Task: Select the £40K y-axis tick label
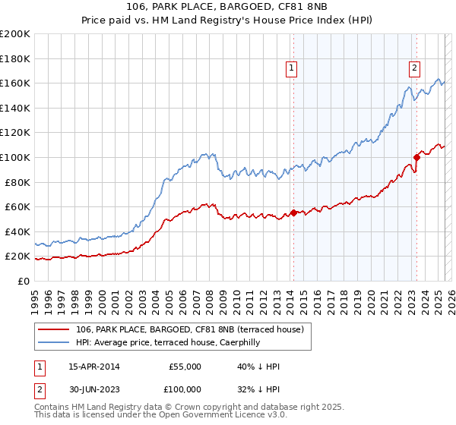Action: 17,231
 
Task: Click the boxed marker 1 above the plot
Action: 293,68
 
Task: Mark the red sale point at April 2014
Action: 293,212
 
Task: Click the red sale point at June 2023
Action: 416,157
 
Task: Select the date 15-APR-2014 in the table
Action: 93,367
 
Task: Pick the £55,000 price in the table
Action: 185,367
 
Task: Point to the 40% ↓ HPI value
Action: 258,367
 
